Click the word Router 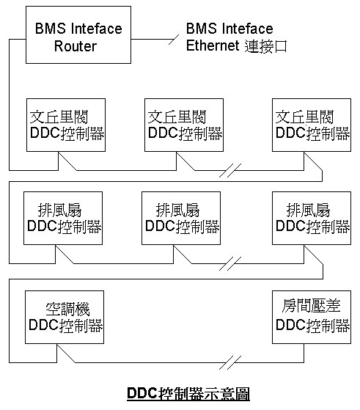coord(76,46)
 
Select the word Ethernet coord(213,45)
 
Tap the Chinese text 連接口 coord(266,46)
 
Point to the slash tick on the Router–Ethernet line coord(174,40)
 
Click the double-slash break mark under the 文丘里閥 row coord(230,170)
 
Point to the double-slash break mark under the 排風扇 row coord(230,263)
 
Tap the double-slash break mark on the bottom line coord(230,362)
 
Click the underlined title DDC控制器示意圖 coord(188,394)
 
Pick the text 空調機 coord(67,310)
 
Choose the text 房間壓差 coord(311,305)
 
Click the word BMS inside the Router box coord(50,29)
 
